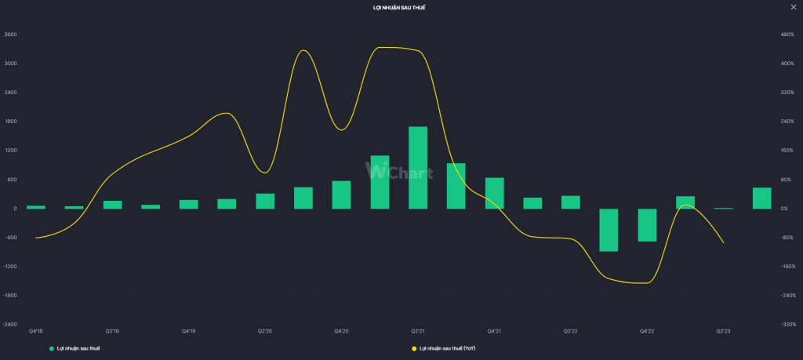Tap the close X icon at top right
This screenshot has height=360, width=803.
[794, 7]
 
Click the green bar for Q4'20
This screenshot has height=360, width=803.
[342, 195]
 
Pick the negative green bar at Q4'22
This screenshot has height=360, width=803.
[647, 225]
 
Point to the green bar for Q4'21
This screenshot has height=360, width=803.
[495, 193]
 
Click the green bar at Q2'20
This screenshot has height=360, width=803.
[265, 201]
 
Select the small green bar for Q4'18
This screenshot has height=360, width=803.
[36, 207]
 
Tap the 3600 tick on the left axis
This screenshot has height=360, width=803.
[10, 35]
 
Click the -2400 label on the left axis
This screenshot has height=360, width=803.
[10, 324]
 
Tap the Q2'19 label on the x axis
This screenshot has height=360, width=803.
[113, 332]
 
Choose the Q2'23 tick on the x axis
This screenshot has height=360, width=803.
[724, 332]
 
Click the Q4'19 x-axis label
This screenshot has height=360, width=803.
[189, 332]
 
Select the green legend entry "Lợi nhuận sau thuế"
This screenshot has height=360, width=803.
[78, 347]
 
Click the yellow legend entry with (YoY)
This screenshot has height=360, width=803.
[446, 347]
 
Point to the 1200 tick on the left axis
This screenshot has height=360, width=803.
[10, 151]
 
